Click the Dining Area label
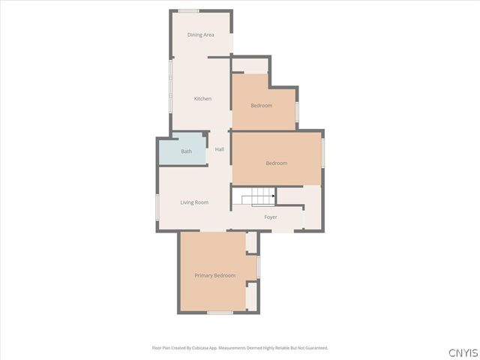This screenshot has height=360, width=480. [x=200, y=34]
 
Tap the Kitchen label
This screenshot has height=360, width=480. [x=202, y=99]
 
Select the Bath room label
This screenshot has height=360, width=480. [x=186, y=151]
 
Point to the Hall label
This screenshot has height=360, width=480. [x=220, y=149]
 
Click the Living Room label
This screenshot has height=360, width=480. [x=194, y=202]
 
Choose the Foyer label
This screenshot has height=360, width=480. [x=271, y=217]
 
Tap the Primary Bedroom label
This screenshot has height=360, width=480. [x=215, y=276]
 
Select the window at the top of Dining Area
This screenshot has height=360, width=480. [x=188, y=10]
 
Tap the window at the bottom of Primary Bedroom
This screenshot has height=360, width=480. [x=220, y=313]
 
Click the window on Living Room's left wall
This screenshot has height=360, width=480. [x=157, y=206]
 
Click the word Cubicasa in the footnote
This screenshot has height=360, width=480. [x=201, y=348]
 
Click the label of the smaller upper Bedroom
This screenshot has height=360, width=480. [x=261, y=106]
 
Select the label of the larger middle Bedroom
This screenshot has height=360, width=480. [x=276, y=163]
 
